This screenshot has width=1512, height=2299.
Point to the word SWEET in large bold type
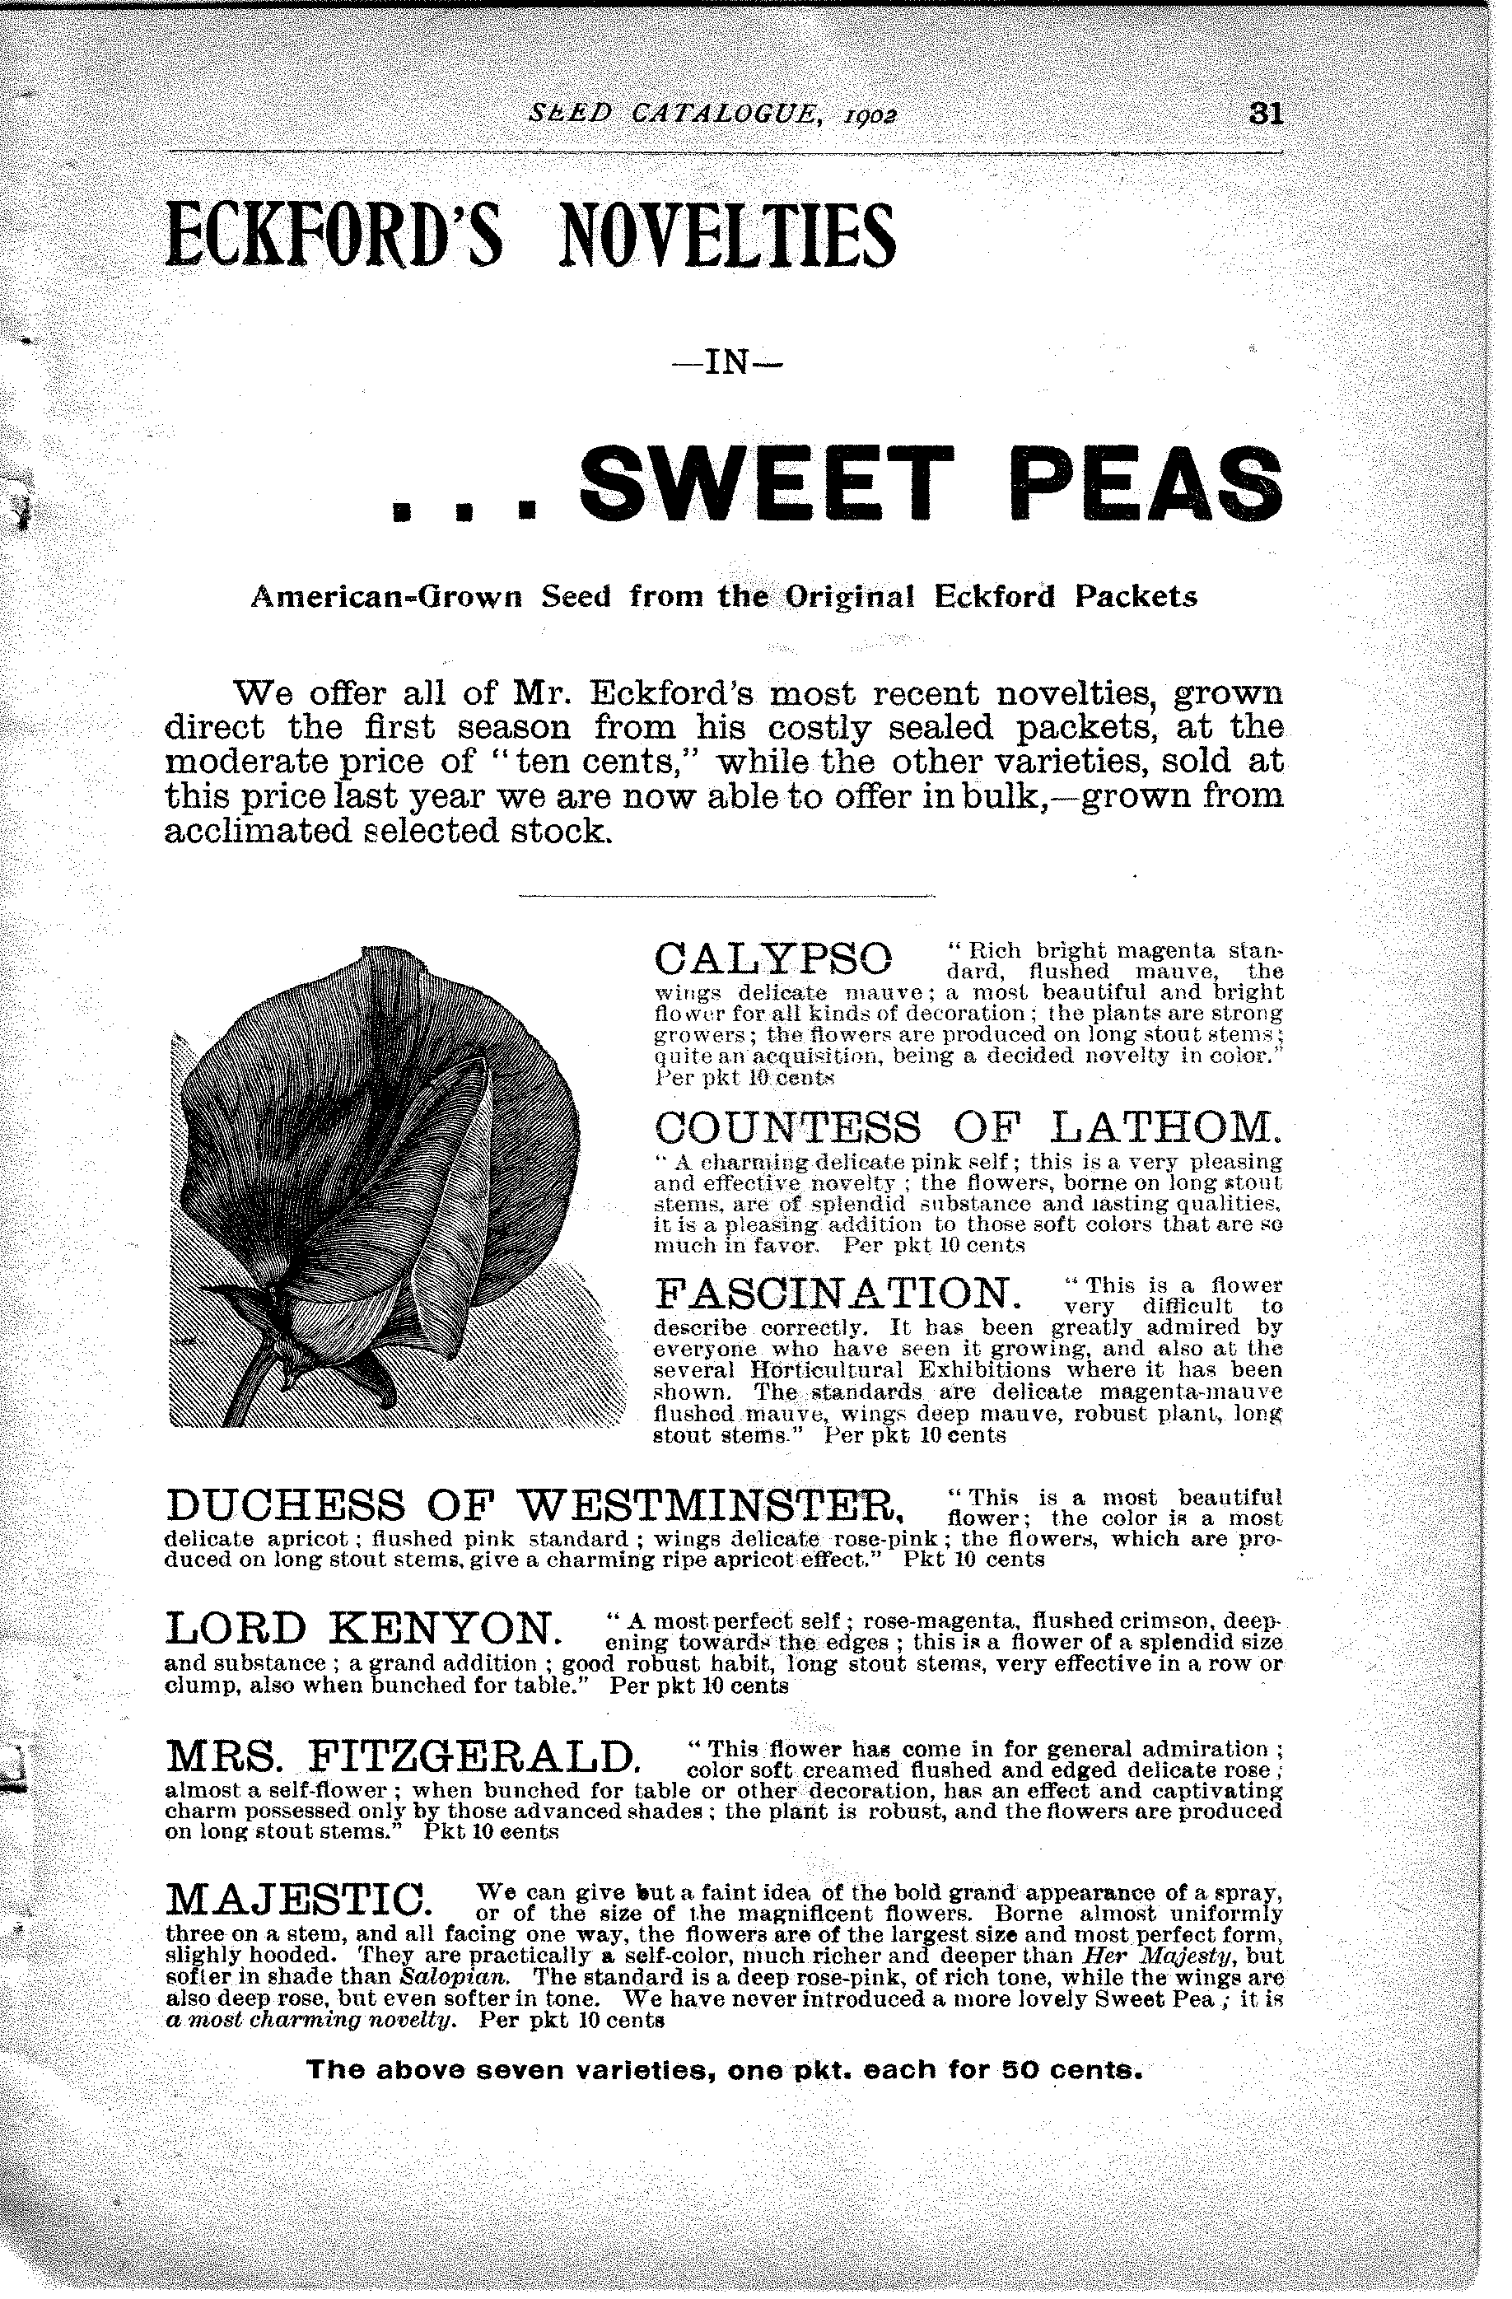pos(767,483)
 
